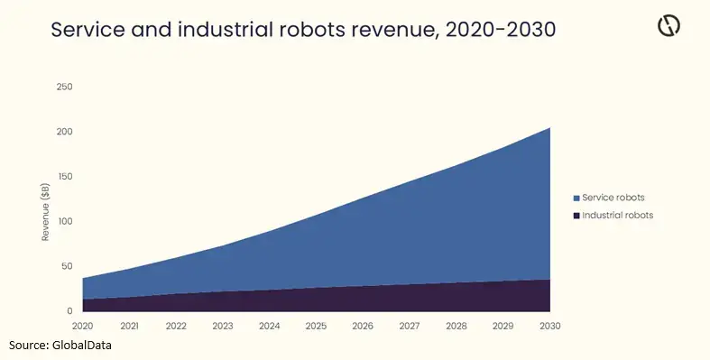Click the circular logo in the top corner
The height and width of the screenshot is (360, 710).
click(x=669, y=26)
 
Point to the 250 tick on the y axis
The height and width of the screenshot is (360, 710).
click(x=65, y=87)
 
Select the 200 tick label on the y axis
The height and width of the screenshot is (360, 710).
click(x=65, y=132)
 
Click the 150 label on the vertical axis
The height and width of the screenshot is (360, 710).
click(x=65, y=177)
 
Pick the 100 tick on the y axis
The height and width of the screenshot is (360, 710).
click(x=65, y=221)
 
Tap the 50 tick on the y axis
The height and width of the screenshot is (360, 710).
click(x=67, y=266)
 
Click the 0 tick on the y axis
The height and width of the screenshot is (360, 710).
click(x=69, y=310)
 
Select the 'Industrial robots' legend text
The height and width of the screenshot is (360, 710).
click(x=618, y=216)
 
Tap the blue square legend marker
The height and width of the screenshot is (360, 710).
click(x=576, y=197)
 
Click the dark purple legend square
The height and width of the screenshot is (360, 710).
click(x=576, y=216)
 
